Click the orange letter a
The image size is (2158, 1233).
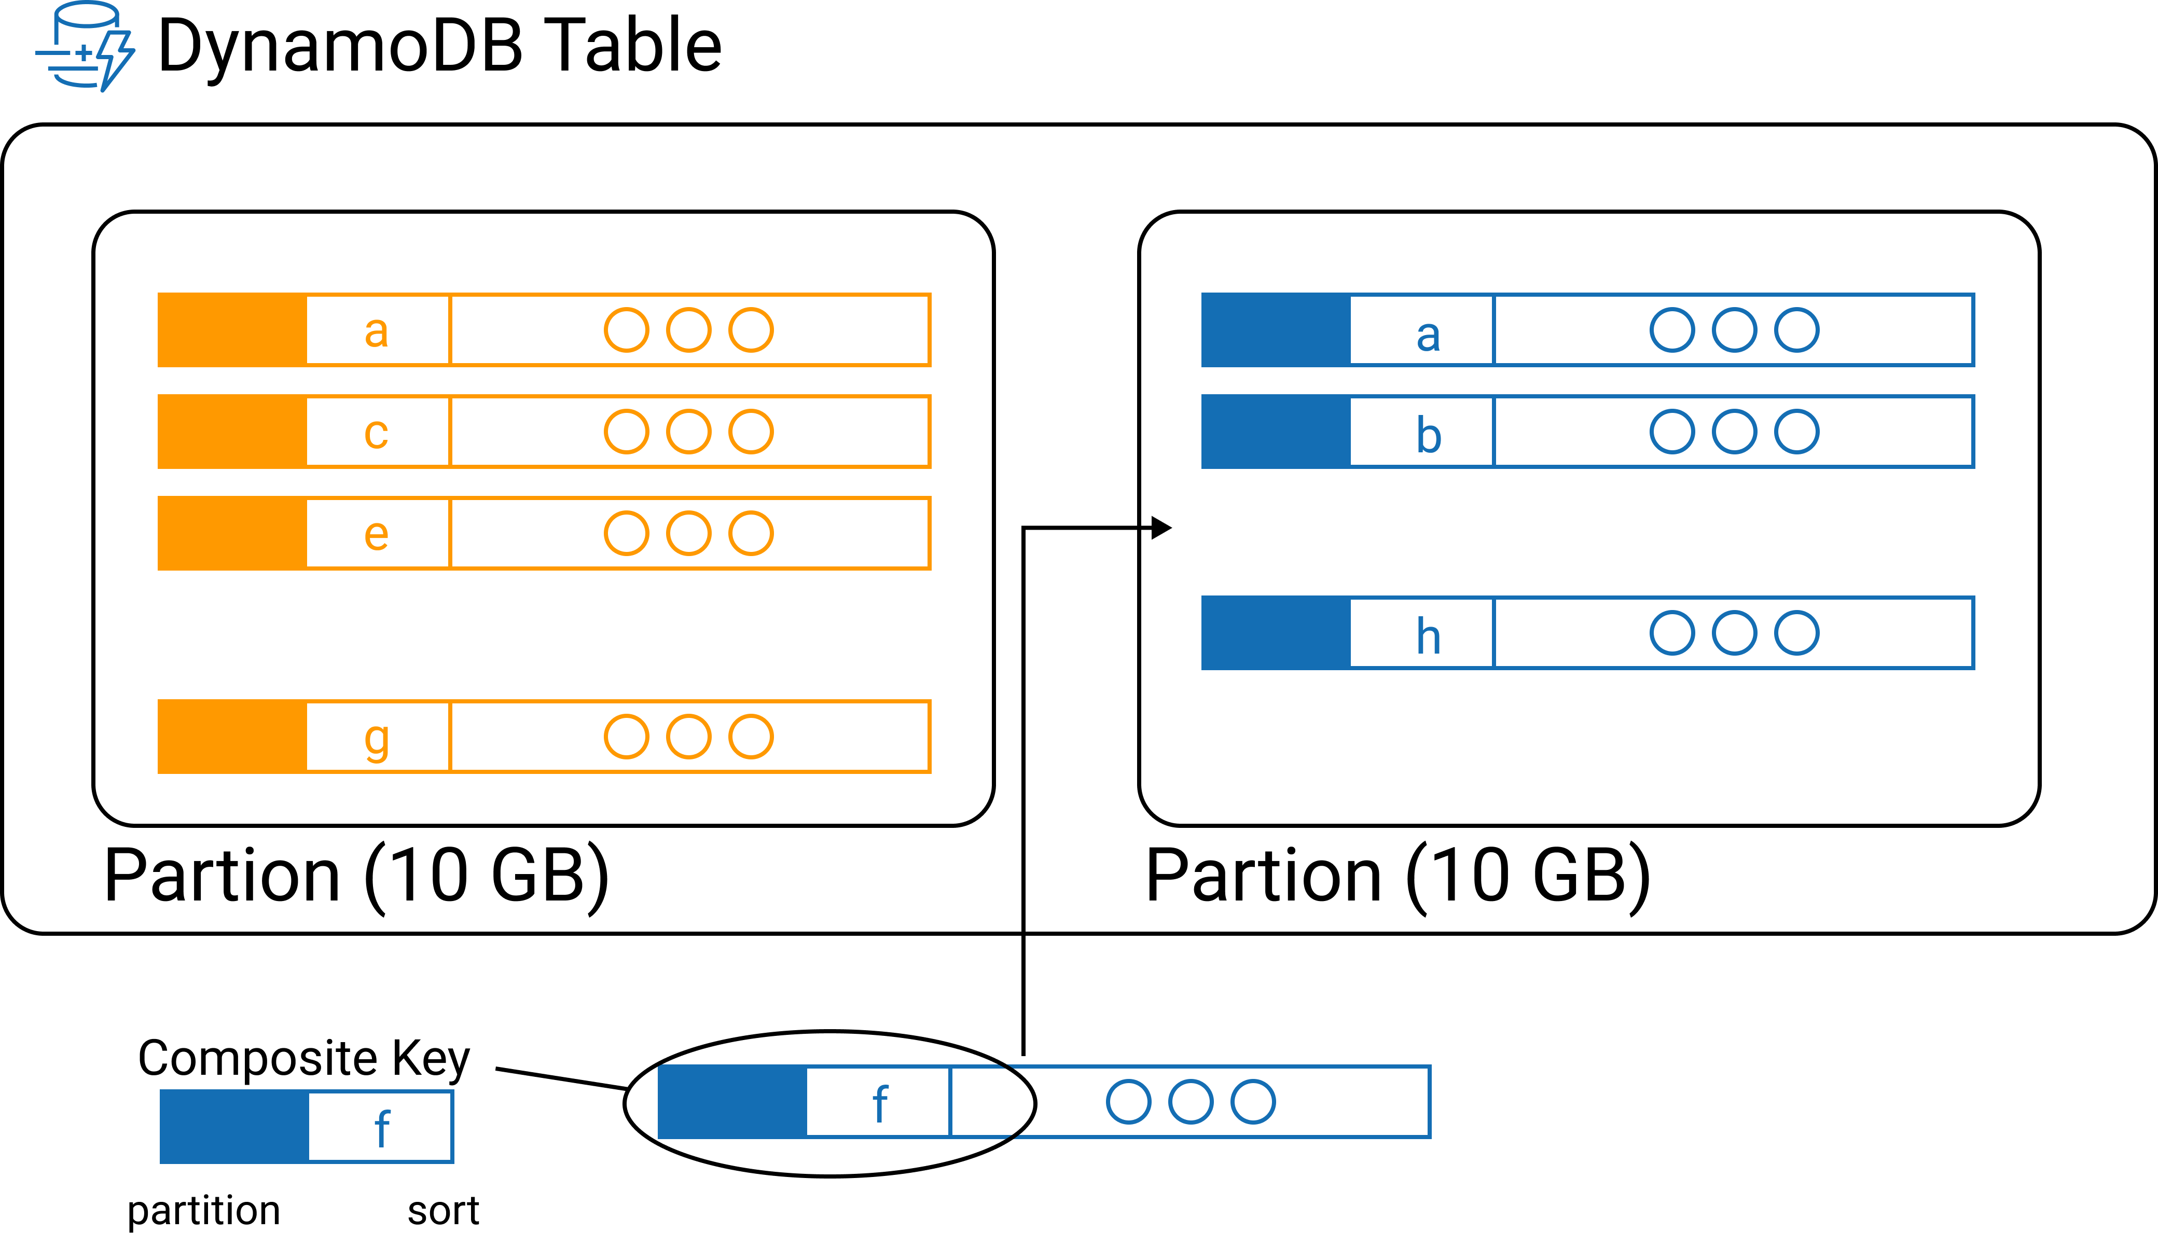[377, 331]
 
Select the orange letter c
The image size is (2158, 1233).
[377, 433]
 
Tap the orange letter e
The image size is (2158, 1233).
[377, 534]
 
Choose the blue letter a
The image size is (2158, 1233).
[1428, 335]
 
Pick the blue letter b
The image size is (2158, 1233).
[1428, 435]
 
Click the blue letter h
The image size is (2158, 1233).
[1428, 635]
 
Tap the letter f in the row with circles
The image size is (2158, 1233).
[880, 1103]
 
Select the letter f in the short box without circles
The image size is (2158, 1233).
[382, 1128]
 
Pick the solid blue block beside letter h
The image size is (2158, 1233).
[1276, 633]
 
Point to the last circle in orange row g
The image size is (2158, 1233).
[751, 737]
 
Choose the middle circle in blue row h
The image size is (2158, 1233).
[1734, 633]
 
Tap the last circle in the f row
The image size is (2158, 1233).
[1253, 1102]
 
